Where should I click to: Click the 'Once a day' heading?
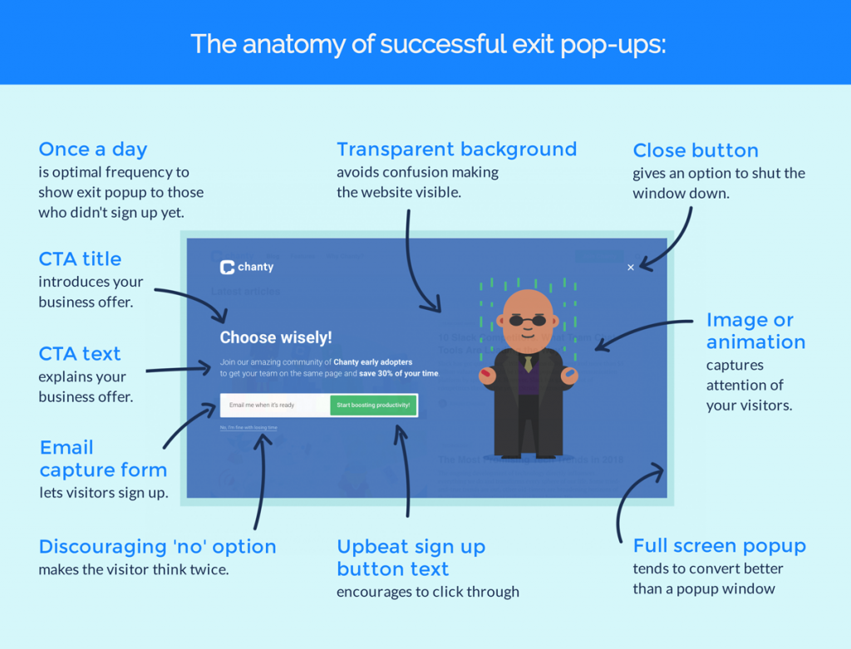pyautogui.click(x=92, y=150)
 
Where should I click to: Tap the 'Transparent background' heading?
pyautogui.click(x=456, y=150)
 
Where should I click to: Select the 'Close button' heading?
pyautogui.click(x=696, y=150)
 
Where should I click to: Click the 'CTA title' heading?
pyautogui.click(x=80, y=258)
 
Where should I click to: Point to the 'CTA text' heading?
pyautogui.click(x=80, y=353)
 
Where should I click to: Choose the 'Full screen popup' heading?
pyautogui.click(x=719, y=546)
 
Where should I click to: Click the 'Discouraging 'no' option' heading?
pyautogui.click(x=157, y=547)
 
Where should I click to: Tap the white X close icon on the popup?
pyautogui.click(x=631, y=268)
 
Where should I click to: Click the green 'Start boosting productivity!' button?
pyautogui.click(x=373, y=406)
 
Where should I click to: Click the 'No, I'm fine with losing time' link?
pyautogui.click(x=248, y=428)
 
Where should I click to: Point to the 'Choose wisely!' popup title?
pyautogui.click(x=275, y=337)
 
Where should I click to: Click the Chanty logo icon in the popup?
pyautogui.click(x=227, y=268)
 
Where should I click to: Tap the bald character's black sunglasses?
pyautogui.click(x=528, y=321)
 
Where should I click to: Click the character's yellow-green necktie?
pyautogui.click(x=528, y=363)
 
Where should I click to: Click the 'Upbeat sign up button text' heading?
pyautogui.click(x=411, y=558)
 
